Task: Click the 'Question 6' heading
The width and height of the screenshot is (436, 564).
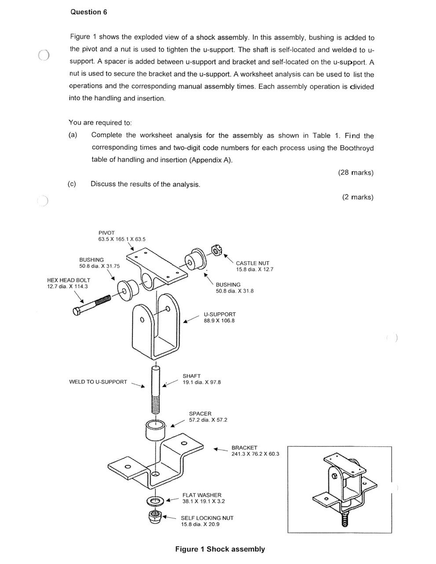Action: tap(88, 12)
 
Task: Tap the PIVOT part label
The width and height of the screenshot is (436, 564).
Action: tap(106, 233)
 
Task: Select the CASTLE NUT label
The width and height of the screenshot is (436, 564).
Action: tap(253, 263)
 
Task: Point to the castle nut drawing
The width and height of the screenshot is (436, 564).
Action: tap(216, 250)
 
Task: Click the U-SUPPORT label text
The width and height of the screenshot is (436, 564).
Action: tap(220, 314)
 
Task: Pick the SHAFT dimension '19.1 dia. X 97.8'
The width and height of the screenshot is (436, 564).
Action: tap(202, 382)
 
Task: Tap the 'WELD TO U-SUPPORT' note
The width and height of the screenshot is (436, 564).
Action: tap(98, 382)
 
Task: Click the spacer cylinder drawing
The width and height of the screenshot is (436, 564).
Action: tap(156, 429)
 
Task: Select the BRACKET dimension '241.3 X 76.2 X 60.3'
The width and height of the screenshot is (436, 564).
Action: tap(255, 454)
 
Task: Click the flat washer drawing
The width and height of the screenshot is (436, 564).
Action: tap(155, 501)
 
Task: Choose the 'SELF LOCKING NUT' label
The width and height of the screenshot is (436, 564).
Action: tap(207, 518)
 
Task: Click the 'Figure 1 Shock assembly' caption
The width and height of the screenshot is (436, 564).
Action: tap(220, 549)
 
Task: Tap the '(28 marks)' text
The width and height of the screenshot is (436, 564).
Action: tap(355, 172)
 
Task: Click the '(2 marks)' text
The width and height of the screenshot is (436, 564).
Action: tap(357, 197)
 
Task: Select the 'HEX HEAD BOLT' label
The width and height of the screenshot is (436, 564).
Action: tap(69, 280)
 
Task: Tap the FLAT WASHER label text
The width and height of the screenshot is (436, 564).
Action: tap(202, 495)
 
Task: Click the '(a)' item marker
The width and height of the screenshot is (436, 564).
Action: tap(73, 135)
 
